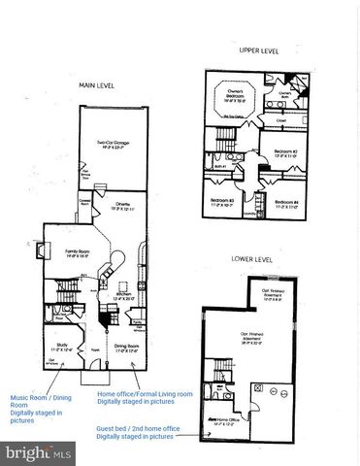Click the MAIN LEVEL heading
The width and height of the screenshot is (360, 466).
tap(96, 84)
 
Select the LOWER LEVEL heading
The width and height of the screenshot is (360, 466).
tap(251, 259)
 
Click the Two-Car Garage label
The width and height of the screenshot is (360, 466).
tap(115, 144)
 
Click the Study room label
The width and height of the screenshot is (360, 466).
tap(60, 345)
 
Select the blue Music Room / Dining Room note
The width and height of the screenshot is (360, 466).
tap(40, 409)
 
